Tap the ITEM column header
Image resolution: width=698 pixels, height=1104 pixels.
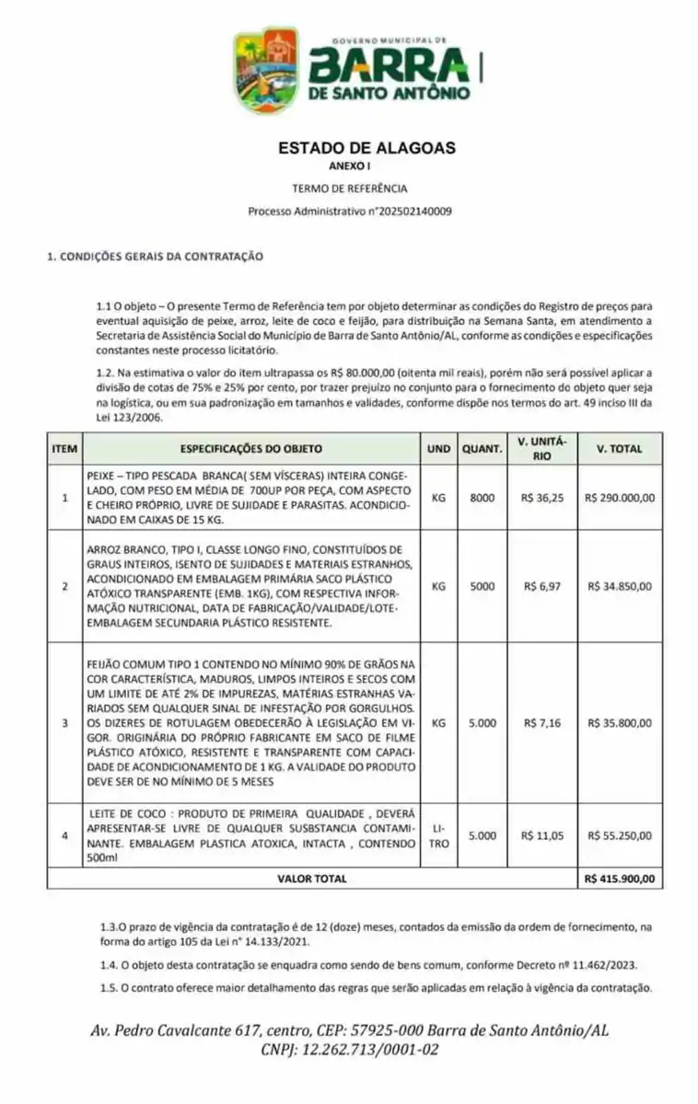point(64,449)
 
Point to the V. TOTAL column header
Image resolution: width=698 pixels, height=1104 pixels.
point(619,449)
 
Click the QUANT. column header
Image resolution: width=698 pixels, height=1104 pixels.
point(482,449)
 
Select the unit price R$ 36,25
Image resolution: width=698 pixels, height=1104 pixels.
point(541,498)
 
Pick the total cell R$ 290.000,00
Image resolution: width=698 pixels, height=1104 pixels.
point(619,498)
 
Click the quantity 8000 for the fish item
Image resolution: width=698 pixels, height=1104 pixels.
point(482,498)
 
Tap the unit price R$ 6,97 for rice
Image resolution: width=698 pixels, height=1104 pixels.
point(541,586)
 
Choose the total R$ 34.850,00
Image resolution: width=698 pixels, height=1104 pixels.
point(619,586)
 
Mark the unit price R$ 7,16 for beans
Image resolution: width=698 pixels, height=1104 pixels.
point(541,723)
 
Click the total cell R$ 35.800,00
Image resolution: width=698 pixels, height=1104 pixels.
point(619,723)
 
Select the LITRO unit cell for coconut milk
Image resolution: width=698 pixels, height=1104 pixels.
point(438,835)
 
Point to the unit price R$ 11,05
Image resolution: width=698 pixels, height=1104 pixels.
point(541,835)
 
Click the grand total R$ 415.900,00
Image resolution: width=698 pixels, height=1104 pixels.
point(619,879)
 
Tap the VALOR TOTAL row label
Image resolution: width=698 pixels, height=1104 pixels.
point(312,879)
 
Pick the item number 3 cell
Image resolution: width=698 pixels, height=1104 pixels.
point(64,723)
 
